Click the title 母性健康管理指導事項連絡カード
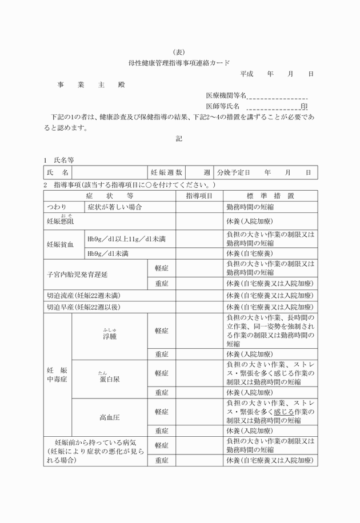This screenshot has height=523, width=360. click(179, 63)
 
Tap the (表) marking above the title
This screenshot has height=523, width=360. click(179, 51)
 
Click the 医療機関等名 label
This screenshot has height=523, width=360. click(226, 95)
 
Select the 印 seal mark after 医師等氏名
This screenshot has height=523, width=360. click(304, 106)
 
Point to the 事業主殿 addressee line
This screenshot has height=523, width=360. click(91, 85)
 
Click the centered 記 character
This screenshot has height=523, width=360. click(179, 139)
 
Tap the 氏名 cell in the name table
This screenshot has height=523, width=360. click(58, 172)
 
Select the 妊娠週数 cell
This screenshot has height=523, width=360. click(166, 172)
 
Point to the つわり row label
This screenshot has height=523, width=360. click(57, 207)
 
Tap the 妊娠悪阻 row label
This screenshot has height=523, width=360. click(60, 220)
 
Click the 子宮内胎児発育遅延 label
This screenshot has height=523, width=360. click(77, 274)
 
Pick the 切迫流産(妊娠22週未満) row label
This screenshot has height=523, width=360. click(83, 296)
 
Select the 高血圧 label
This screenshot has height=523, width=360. click(110, 417)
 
